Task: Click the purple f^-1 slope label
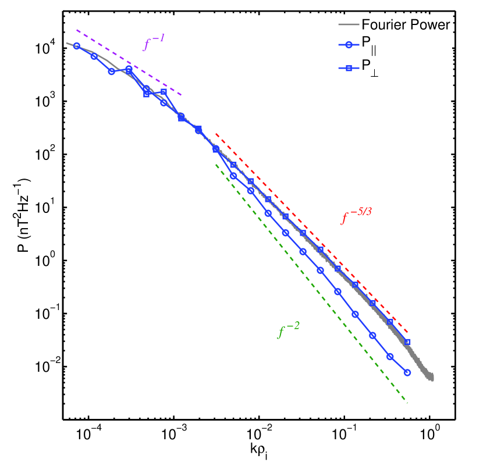(x=154, y=43)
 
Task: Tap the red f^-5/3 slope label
(x=356, y=218)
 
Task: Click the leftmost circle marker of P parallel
(x=77, y=46)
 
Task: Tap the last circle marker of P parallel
(x=407, y=372)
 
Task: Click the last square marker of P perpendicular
(x=407, y=342)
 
